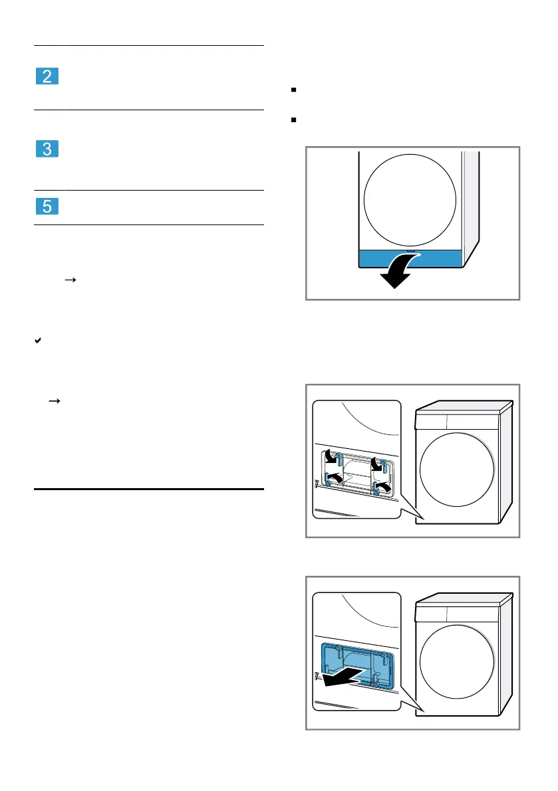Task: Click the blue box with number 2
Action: (x=47, y=76)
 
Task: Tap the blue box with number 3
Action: (x=47, y=149)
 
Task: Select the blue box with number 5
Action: (x=47, y=207)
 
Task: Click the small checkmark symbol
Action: (x=38, y=341)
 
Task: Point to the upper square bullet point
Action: (x=293, y=90)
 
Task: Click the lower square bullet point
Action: (x=293, y=120)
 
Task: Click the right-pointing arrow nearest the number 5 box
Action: (x=70, y=280)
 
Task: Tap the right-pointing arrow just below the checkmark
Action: (x=54, y=401)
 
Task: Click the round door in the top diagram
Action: (x=410, y=201)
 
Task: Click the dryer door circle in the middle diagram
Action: (x=457, y=470)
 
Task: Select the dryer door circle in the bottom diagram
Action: (x=457, y=662)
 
